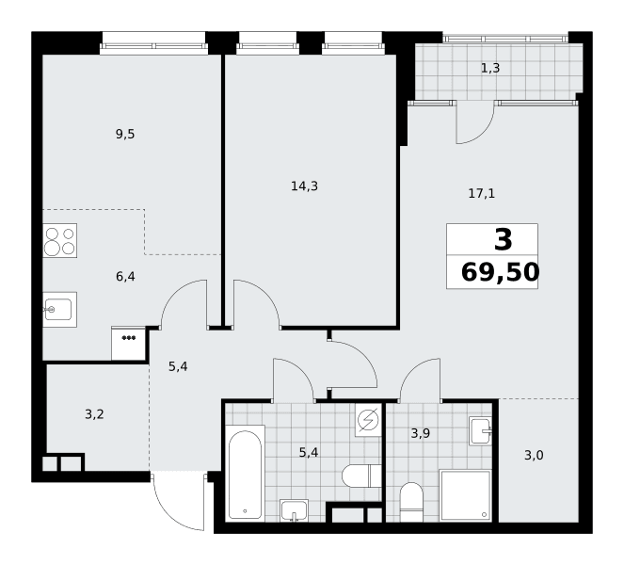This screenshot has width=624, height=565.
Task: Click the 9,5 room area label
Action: tap(125, 135)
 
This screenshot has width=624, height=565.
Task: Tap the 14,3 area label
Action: tap(304, 186)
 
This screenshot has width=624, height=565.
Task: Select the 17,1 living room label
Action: tap(482, 193)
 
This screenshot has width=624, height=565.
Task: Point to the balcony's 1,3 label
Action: tap(490, 68)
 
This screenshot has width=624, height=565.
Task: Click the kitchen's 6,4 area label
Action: tap(125, 276)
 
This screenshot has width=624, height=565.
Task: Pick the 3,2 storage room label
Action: tap(94, 414)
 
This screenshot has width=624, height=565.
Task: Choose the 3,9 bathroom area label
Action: tap(421, 433)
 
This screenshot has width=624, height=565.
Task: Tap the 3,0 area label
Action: tap(534, 455)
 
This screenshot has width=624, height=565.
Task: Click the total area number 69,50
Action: tap(500, 273)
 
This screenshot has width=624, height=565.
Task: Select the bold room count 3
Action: tap(503, 240)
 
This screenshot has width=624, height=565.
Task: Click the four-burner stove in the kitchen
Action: tap(60, 240)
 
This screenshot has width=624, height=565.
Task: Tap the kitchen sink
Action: tap(59, 310)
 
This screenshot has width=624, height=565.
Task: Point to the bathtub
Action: tap(245, 474)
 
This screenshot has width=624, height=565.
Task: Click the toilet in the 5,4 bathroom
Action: tap(361, 476)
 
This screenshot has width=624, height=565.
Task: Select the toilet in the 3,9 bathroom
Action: tap(411, 502)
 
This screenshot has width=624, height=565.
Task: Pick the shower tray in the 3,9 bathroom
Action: tap(465, 495)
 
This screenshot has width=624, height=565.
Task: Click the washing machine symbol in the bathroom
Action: tap(369, 421)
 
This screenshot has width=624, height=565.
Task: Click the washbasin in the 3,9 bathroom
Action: tap(480, 431)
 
